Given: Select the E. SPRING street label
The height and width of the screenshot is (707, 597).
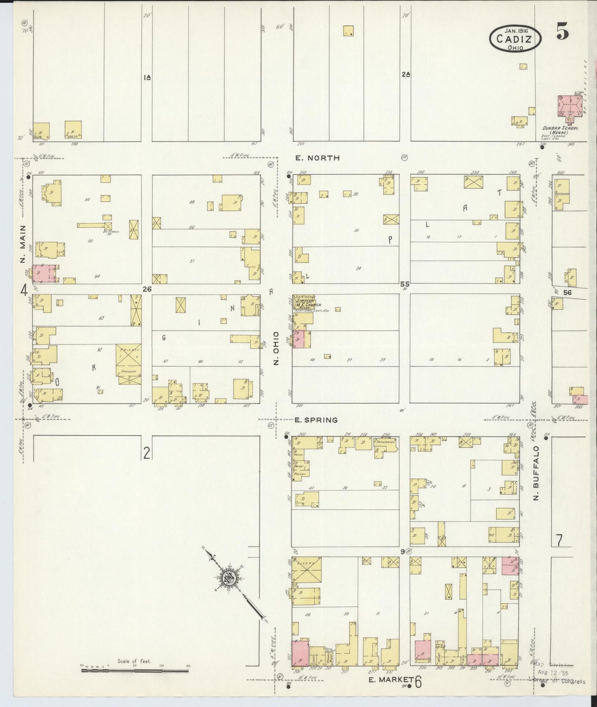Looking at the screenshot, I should (x=316, y=420).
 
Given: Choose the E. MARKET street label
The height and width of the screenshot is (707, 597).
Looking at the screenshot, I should (x=391, y=679).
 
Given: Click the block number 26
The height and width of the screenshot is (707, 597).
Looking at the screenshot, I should (x=147, y=289).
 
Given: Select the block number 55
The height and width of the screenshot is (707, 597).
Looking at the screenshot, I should (x=404, y=284).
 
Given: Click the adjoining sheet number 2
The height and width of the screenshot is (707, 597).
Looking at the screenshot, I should (x=146, y=454).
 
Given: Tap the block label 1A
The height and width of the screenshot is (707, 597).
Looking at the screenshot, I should (x=147, y=77).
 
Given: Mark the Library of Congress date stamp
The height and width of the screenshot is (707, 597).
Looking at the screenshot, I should (x=558, y=679).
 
